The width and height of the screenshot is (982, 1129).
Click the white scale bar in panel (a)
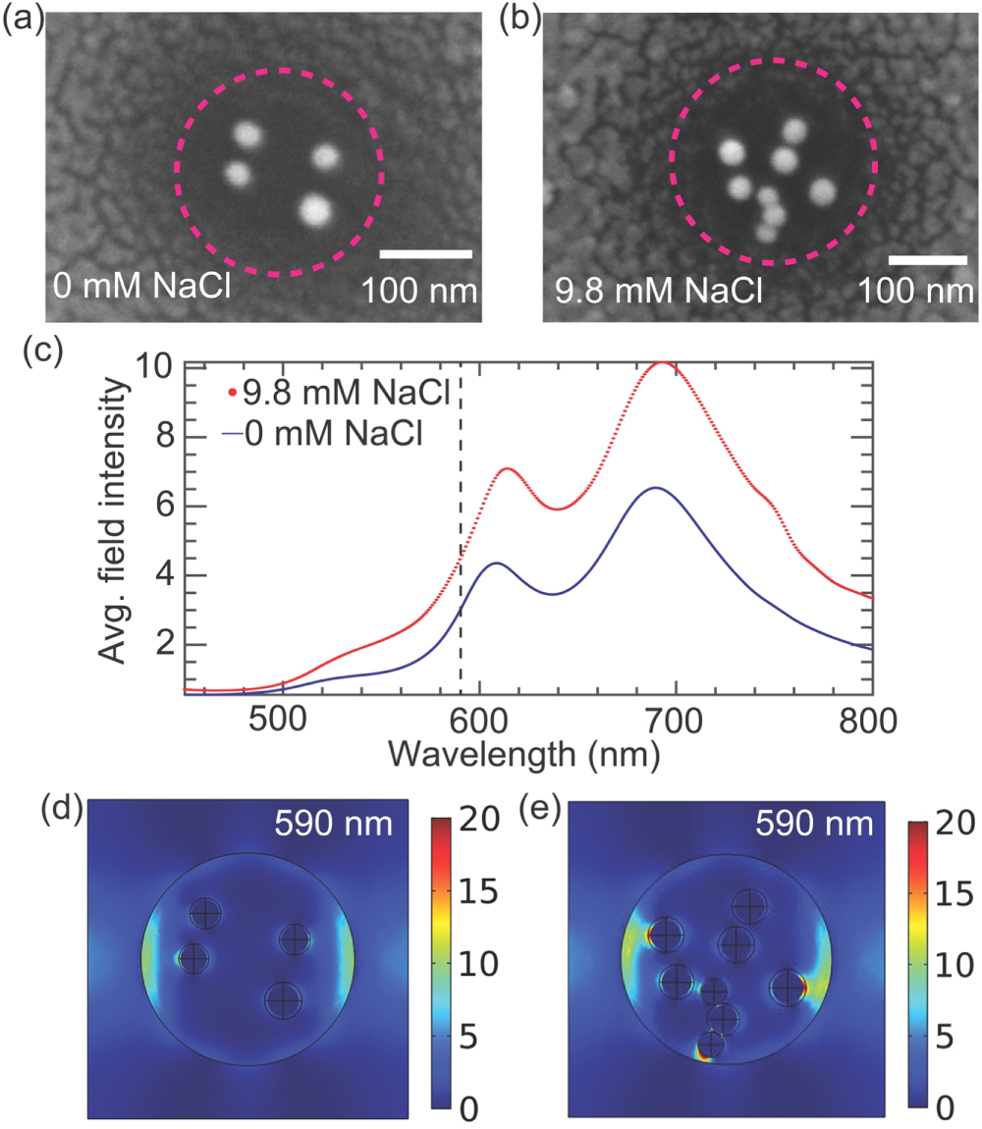pos(425,254)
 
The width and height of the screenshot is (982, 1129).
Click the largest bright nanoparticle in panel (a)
pos(316,209)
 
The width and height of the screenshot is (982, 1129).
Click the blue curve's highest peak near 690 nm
pos(655,488)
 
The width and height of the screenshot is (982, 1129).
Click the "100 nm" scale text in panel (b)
pos(917,292)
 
